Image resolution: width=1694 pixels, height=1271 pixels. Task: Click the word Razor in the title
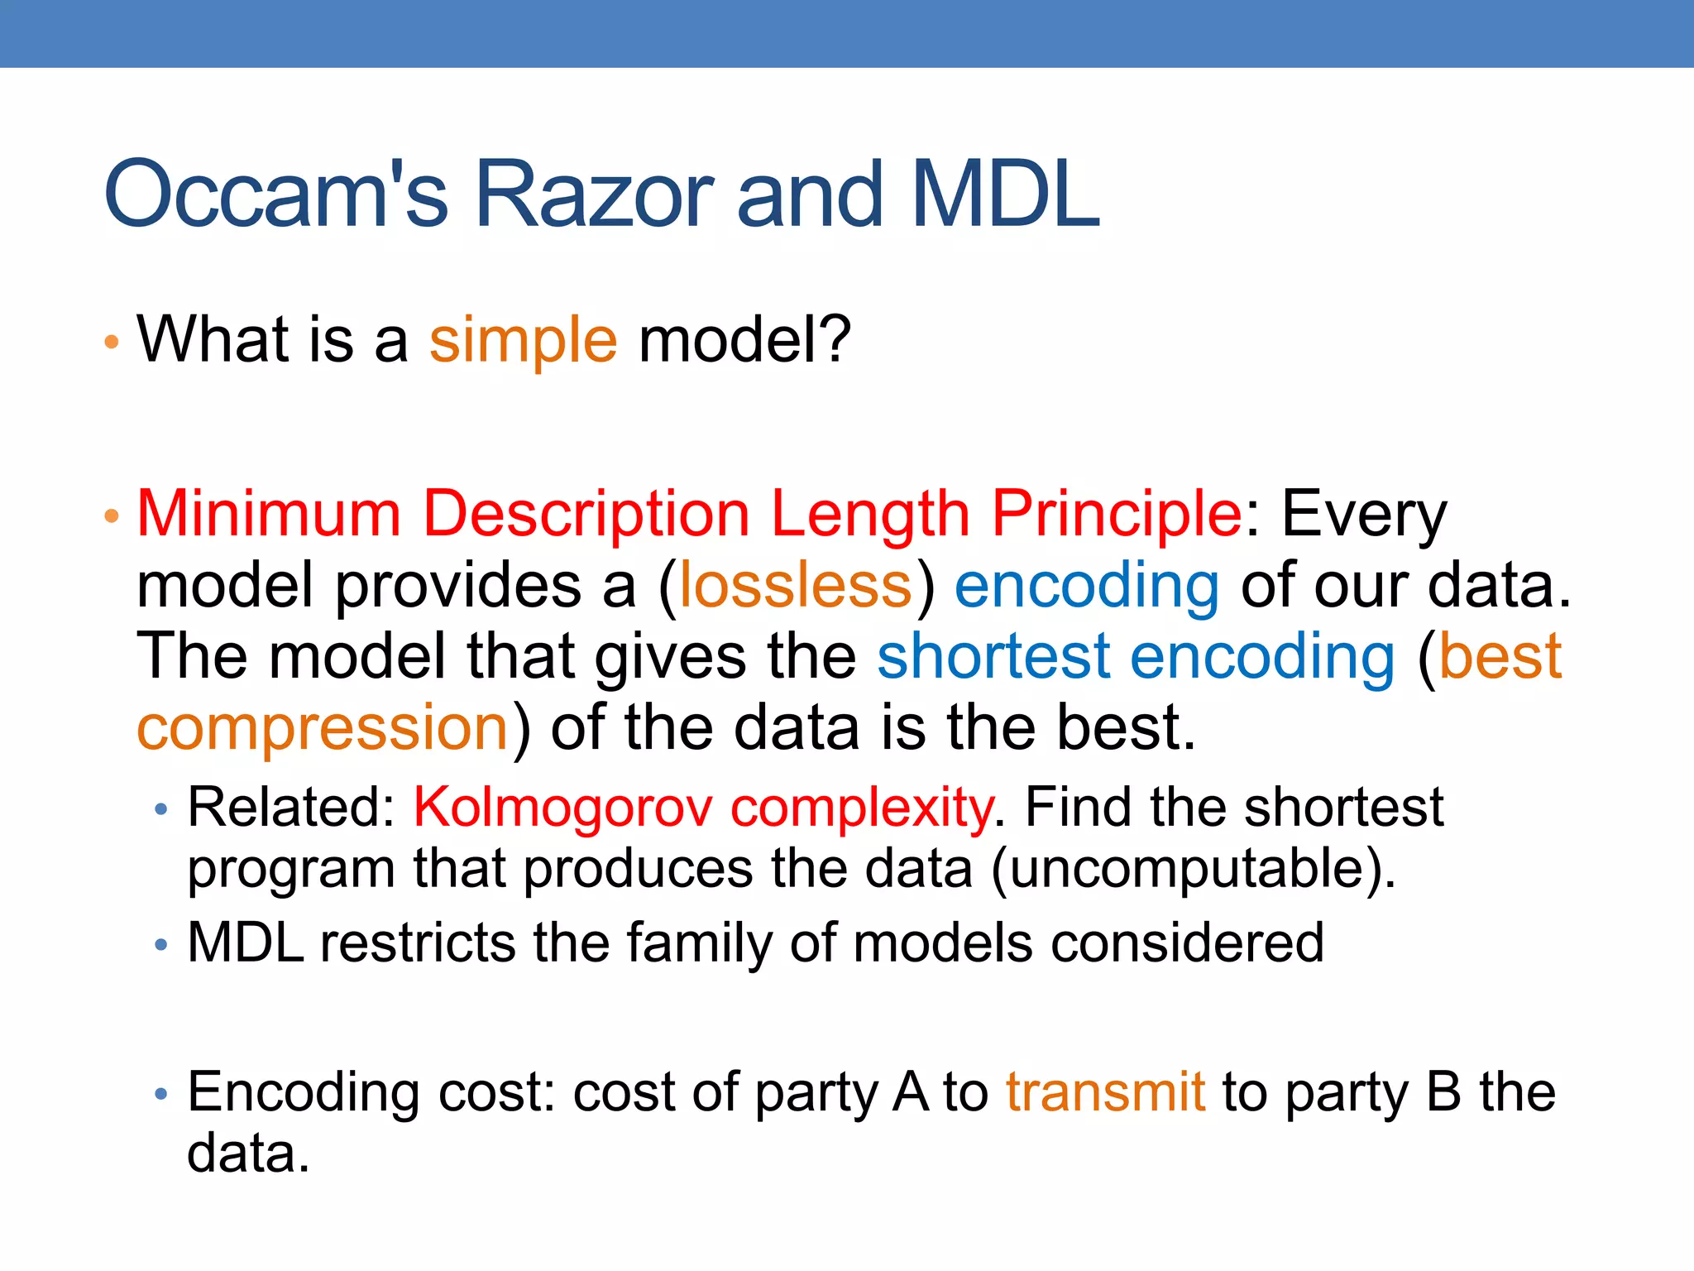[593, 195]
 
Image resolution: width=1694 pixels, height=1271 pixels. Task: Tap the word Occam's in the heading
[275, 195]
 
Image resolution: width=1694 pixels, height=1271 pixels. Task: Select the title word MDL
[1004, 195]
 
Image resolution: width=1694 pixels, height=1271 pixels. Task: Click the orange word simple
[523, 341]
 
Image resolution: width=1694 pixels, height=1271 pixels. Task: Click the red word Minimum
[269, 514]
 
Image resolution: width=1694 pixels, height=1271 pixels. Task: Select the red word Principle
[1116, 516]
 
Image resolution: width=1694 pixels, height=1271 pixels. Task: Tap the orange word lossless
[795, 586]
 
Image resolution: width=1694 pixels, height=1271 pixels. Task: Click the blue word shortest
[993, 657]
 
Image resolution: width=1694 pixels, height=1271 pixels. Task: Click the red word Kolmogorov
[562, 808]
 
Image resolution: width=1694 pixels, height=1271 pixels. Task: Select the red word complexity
[861, 809]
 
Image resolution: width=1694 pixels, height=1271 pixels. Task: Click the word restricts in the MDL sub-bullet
[417, 943]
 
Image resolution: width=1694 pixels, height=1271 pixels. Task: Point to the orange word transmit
[1105, 1092]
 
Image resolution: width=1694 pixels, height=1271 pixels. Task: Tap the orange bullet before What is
[112, 342]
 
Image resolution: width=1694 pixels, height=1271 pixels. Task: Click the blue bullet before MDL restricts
[161, 944]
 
